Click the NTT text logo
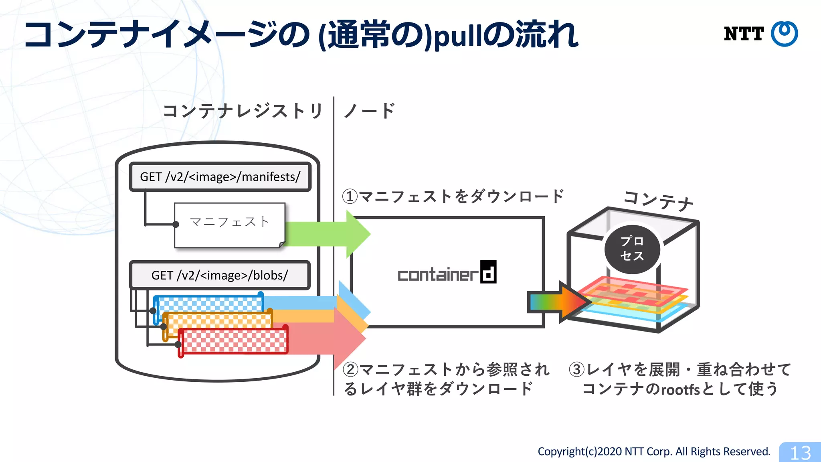[x=744, y=34]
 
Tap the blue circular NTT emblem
[x=785, y=34]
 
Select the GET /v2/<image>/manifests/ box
[x=220, y=177]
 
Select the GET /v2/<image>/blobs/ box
[x=220, y=276]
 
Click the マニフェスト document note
[x=229, y=225]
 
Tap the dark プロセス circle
[x=632, y=249]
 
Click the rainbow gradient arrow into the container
[x=557, y=302]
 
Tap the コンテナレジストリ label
[x=243, y=111]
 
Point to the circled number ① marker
[x=350, y=197]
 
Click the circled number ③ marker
[x=576, y=369]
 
